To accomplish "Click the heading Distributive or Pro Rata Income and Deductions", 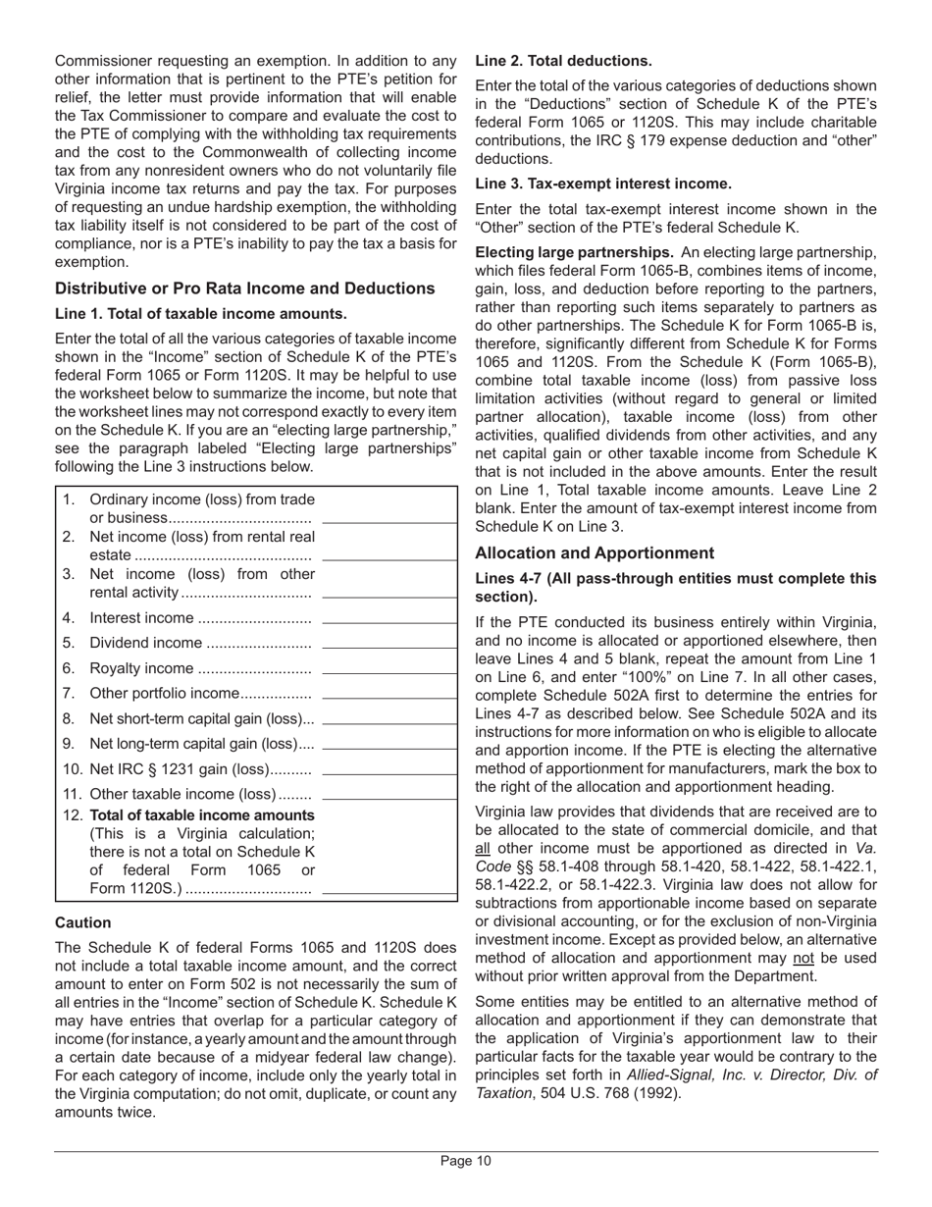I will tap(245, 288).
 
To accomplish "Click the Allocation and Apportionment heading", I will tap(598, 552).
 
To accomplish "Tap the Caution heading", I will tap(83, 922).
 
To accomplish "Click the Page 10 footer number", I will tap(465, 1162).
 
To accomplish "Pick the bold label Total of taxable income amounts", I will tap(202, 814).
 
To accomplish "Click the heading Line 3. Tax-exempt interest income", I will tap(603, 184).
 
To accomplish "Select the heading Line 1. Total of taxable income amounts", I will tap(201, 314).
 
